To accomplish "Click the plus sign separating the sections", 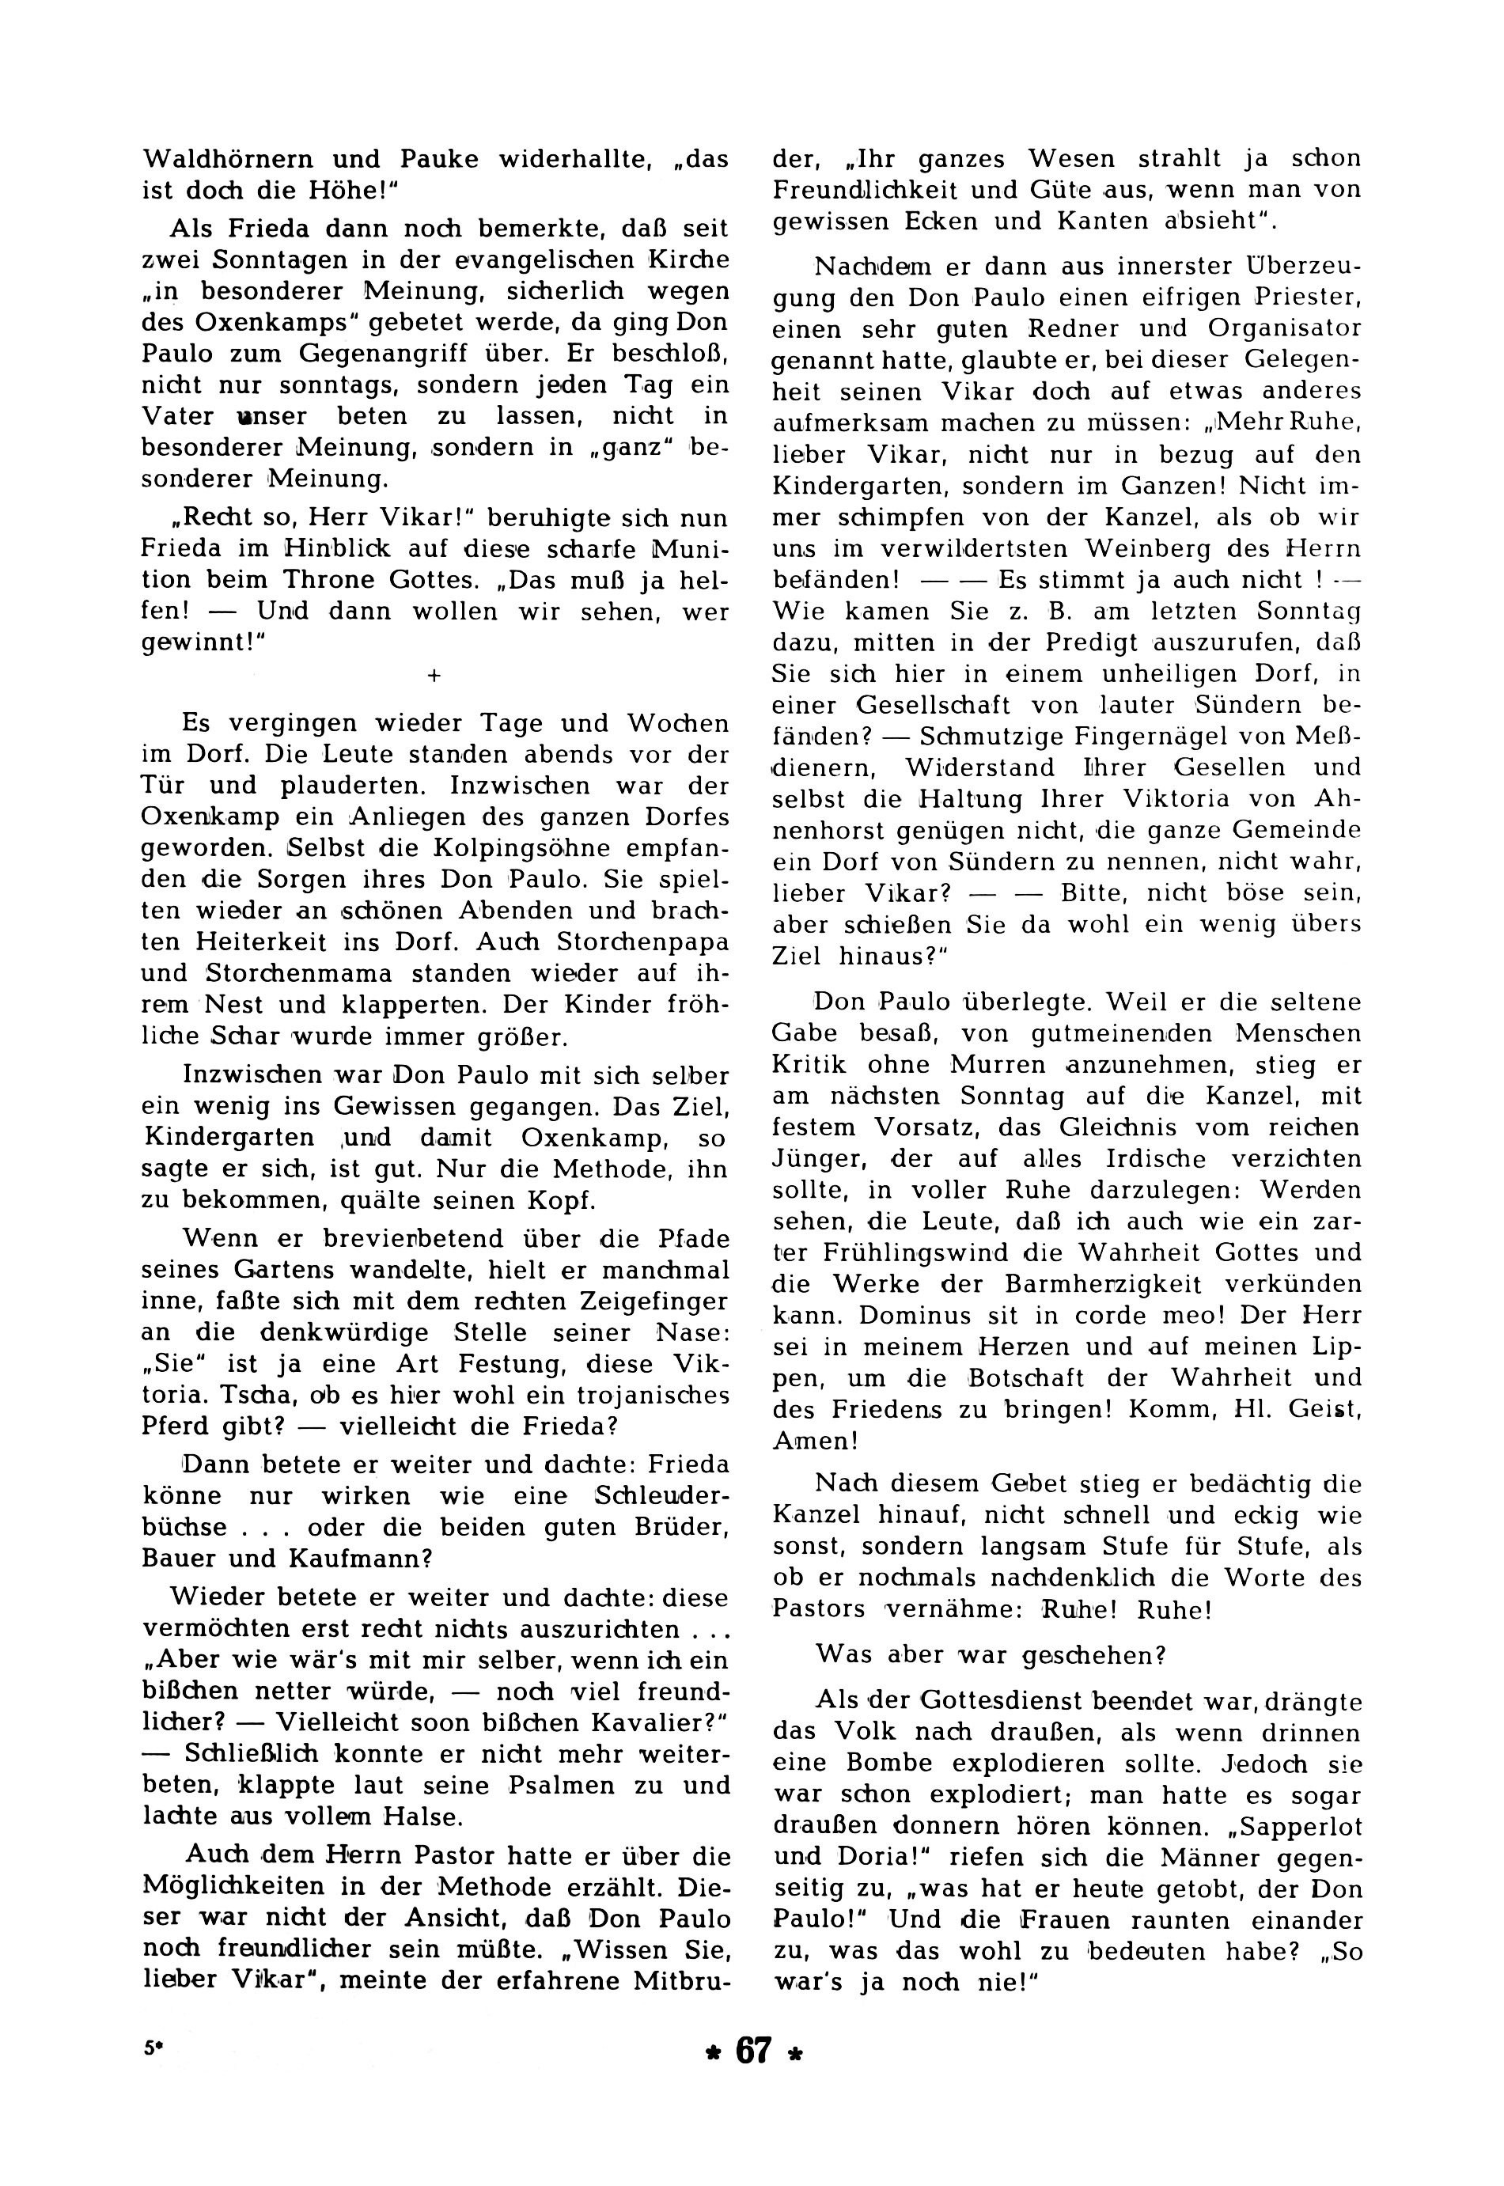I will point(434,675).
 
